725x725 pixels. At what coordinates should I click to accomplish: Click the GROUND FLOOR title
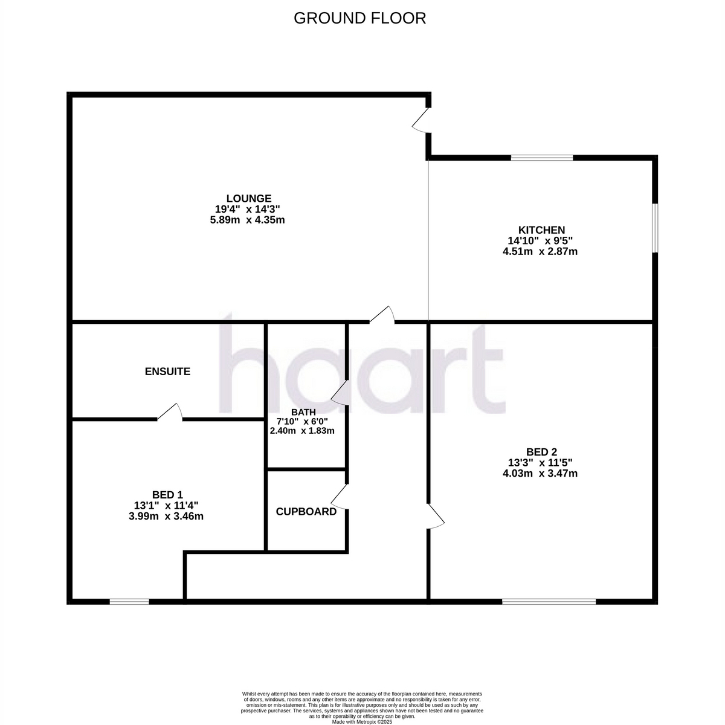point(359,18)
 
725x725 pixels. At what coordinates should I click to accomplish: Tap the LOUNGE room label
point(249,198)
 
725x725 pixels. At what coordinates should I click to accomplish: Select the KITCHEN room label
point(541,230)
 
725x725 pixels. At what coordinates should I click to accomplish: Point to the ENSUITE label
point(167,372)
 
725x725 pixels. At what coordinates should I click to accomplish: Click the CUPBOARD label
point(306,512)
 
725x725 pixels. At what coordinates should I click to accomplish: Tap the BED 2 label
point(541,452)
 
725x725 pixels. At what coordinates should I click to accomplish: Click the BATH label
point(301,412)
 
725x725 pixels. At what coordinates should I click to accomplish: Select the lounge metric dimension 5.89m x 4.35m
point(247,220)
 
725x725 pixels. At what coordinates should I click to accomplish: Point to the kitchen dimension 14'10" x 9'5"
point(540,240)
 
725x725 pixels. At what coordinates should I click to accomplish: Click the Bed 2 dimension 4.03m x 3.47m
point(540,473)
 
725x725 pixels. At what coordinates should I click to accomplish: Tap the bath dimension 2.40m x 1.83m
point(302,431)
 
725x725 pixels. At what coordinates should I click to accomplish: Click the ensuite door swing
point(170,411)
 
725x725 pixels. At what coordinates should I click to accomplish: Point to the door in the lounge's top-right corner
point(421,120)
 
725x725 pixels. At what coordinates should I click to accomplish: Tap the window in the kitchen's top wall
point(542,158)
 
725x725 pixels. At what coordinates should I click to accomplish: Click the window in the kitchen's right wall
point(655,228)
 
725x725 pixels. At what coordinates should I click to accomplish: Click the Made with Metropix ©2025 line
point(361,721)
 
